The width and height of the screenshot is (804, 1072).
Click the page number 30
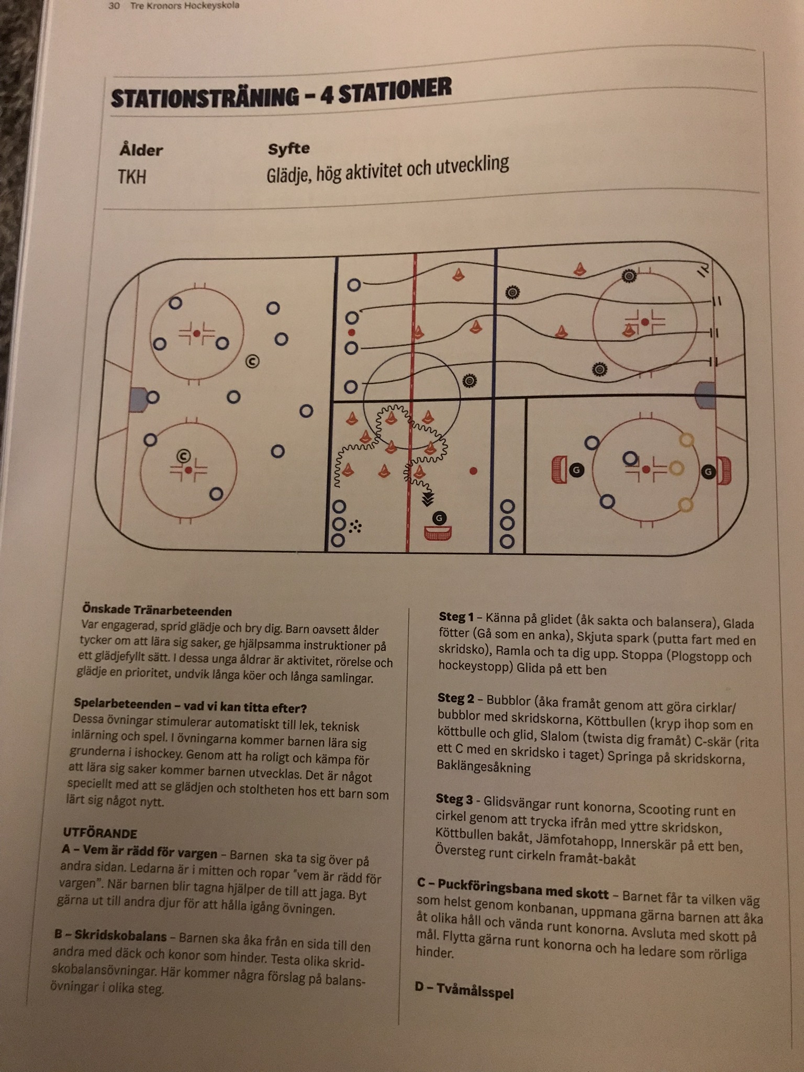(x=114, y=6)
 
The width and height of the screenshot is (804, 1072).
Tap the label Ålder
(x=141, y=151)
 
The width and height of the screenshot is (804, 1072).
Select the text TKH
(x=132, y=177)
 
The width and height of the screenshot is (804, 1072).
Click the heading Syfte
(x=288, y=149)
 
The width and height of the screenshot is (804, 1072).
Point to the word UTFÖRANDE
(x=99, y=833)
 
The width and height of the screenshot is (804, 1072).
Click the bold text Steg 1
(x=456, y=617)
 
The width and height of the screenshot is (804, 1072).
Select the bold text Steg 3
(x=454, y=799)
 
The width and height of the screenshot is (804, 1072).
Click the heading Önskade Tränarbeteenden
(x=157, y=610)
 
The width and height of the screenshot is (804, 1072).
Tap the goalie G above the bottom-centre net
(x=439, y=518)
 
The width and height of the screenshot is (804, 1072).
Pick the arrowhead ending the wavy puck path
(x=428, y=499)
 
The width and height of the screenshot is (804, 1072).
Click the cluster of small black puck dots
(x=356, y=526)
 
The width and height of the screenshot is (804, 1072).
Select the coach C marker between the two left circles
(x=252, y=361)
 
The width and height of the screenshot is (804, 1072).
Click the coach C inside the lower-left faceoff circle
(x=183, y=455)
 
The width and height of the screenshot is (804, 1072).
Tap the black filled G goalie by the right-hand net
(x=708, y=472)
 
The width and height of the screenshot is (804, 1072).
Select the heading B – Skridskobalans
(x=110, y=935)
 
